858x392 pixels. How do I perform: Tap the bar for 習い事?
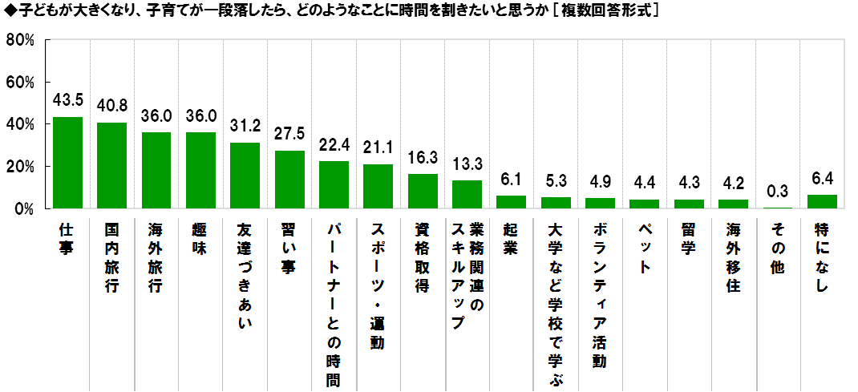289,180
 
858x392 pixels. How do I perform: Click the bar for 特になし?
822,202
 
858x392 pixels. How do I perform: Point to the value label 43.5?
67,100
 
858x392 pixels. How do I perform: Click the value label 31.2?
245,127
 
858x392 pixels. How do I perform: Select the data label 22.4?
334,145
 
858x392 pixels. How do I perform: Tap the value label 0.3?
778,192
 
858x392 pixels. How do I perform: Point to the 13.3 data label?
467,164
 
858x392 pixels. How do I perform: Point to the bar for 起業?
512,202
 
